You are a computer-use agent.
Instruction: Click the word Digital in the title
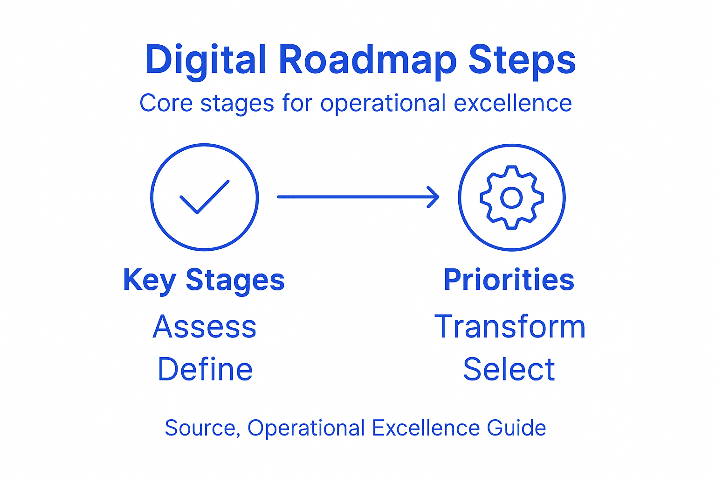click(206, 60)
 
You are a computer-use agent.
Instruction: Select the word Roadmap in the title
click(368, 60)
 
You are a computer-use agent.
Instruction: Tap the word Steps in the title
click(522, 60)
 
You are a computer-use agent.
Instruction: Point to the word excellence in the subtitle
click(513, 103)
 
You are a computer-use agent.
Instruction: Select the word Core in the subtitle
click(166, 103)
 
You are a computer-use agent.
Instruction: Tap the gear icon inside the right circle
click(511, 197)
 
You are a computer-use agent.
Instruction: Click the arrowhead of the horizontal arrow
click(434, 197)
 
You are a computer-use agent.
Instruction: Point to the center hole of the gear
click(511, 198)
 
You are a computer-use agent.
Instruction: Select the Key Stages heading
click(204, 280)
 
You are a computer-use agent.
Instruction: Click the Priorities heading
click(509, 280)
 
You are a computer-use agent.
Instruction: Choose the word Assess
click(205, 327)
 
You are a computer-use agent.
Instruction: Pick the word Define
click(205, 369)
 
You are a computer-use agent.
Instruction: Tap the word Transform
click(510, 327)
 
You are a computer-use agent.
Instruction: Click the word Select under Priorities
click(509, 369)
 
